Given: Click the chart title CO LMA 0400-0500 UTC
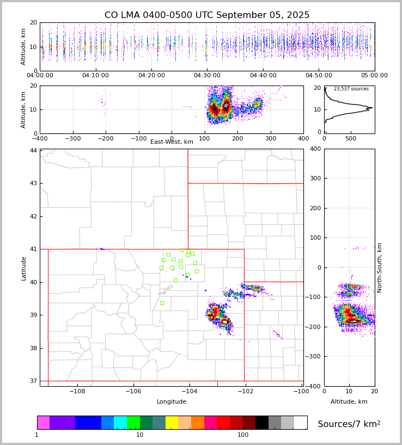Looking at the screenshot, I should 207,15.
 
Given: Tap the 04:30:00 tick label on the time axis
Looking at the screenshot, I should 207,76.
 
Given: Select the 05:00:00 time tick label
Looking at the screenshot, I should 374,76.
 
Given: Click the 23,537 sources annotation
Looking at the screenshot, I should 351,89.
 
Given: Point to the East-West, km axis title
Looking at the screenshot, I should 172,142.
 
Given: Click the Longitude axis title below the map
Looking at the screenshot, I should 172,402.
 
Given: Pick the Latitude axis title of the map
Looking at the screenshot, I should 23,268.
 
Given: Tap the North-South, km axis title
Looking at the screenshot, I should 380,267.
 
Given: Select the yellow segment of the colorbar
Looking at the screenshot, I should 172,423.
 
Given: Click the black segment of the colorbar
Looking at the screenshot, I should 262,423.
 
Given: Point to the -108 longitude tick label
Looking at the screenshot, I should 77,391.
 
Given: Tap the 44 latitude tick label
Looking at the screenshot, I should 33,150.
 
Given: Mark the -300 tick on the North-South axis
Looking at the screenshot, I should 314,356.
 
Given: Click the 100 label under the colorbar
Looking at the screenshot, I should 243,435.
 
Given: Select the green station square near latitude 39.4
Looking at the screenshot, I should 162,303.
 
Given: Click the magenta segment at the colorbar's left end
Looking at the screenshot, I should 43,423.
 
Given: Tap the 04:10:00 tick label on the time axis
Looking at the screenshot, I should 95,76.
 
